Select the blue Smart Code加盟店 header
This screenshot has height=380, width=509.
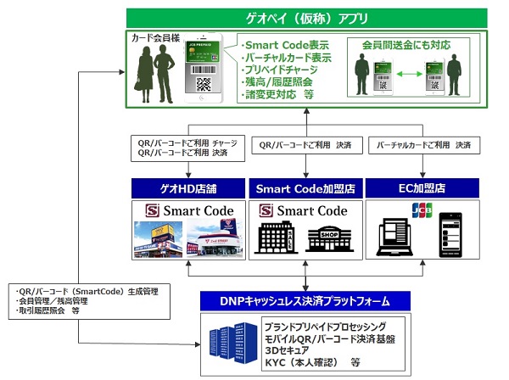click(305, 188)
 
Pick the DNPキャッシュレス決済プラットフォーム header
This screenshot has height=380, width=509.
click(305, 300)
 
